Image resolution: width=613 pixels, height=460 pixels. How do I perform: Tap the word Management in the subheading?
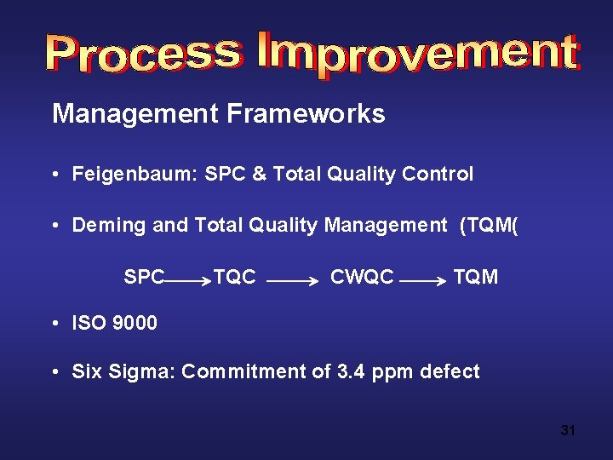click(135, 113)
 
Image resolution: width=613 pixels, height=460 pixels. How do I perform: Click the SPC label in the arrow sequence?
click(144, 277)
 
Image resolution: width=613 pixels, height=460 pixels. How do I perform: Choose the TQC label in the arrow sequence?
click(234, 277)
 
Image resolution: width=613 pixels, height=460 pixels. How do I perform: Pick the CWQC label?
click(362, 277)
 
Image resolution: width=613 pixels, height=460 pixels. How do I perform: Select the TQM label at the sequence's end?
click(476, 277)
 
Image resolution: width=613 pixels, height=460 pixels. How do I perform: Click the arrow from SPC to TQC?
click(187, 279)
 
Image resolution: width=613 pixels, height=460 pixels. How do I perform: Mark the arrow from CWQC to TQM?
click(422, 279)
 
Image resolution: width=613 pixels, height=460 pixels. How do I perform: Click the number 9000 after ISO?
click(135, 323)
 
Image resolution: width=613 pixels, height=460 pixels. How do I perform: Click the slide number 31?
click(568, 430)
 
